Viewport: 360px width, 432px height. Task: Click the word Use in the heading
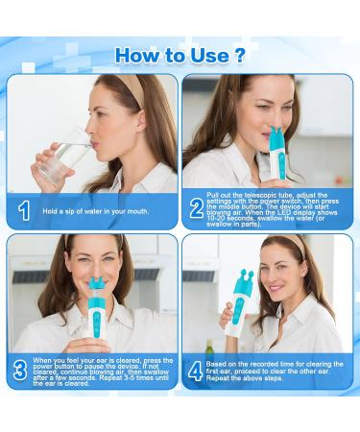pyautogui.click(x=209, y=55)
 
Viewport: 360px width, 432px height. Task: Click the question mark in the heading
pyautogui.click(x=239, y=55)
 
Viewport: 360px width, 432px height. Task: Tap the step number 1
pyautogui.click(x=24, y=210)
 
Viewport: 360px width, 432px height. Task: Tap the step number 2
pyautogui.click(x=197, y=208)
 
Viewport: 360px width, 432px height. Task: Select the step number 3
pyautogui.click(x=20, y=371)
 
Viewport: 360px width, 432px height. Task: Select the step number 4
pyautogui.click(x=195, y=371)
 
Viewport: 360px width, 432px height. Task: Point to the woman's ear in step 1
pyautogui.click(x=140, y=120)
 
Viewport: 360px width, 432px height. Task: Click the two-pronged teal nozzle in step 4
pyautogui.click(x=243, y=281)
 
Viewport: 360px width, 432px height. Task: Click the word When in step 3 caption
pyautogui.click(x=42, y=360)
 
